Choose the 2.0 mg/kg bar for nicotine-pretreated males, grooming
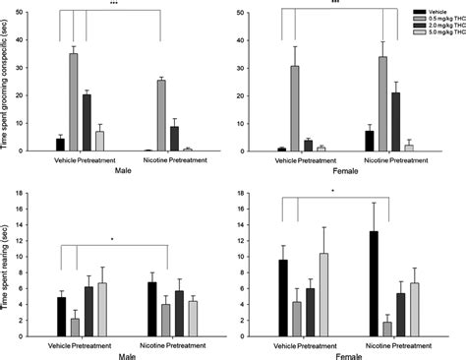[174, 139]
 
